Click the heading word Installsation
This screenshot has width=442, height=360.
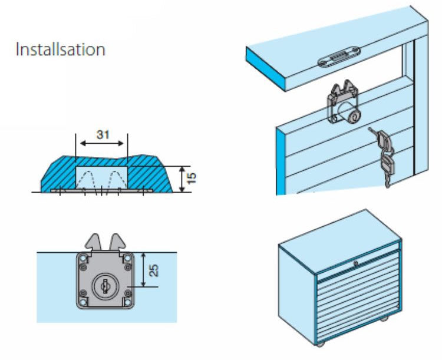(61, 49)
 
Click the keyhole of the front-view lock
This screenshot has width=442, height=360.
(104, 286)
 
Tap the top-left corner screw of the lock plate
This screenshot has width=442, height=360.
(84, 258)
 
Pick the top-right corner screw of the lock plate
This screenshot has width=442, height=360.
(126, 258)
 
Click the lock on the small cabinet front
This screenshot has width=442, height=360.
(355, 263)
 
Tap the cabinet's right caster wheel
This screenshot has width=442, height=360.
(385, 319)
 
